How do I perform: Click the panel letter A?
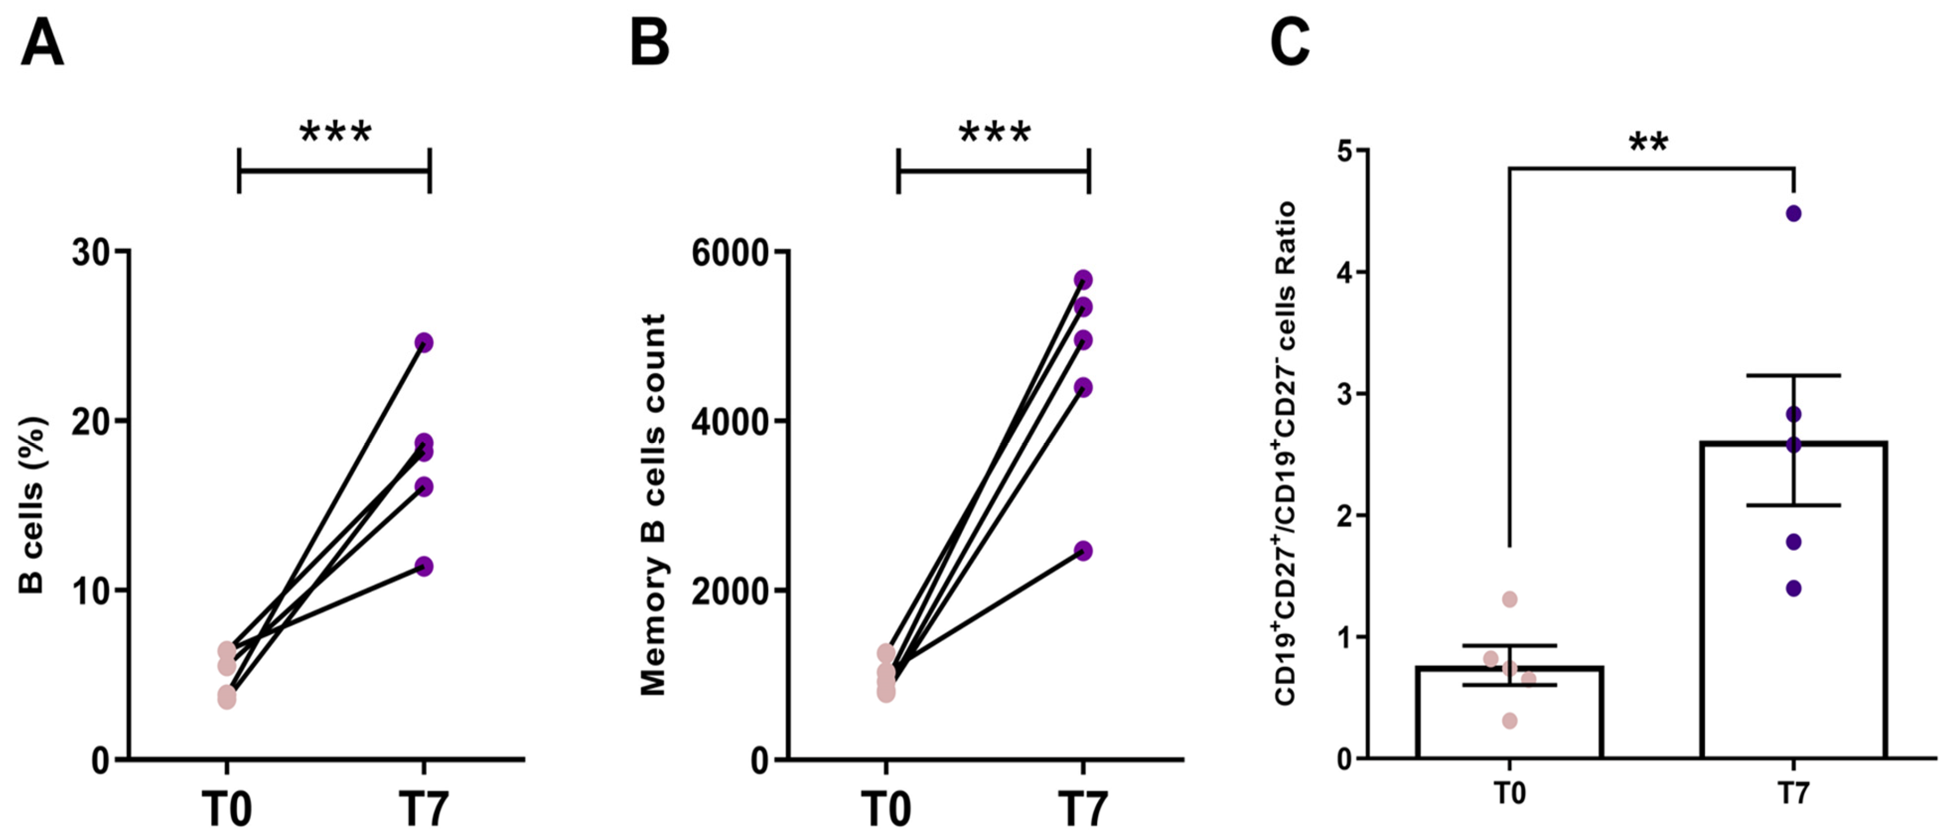43,43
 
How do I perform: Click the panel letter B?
650,43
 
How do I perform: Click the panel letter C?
1290,43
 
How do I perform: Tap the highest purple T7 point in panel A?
424,342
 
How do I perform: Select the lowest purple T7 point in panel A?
424,567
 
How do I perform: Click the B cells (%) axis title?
33,505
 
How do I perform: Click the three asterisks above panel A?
336,133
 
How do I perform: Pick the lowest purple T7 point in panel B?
1084,551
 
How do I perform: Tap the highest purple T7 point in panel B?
1084,280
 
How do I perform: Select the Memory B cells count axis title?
653,505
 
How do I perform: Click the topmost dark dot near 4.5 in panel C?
1793,213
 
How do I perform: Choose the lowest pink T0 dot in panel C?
1510,721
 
